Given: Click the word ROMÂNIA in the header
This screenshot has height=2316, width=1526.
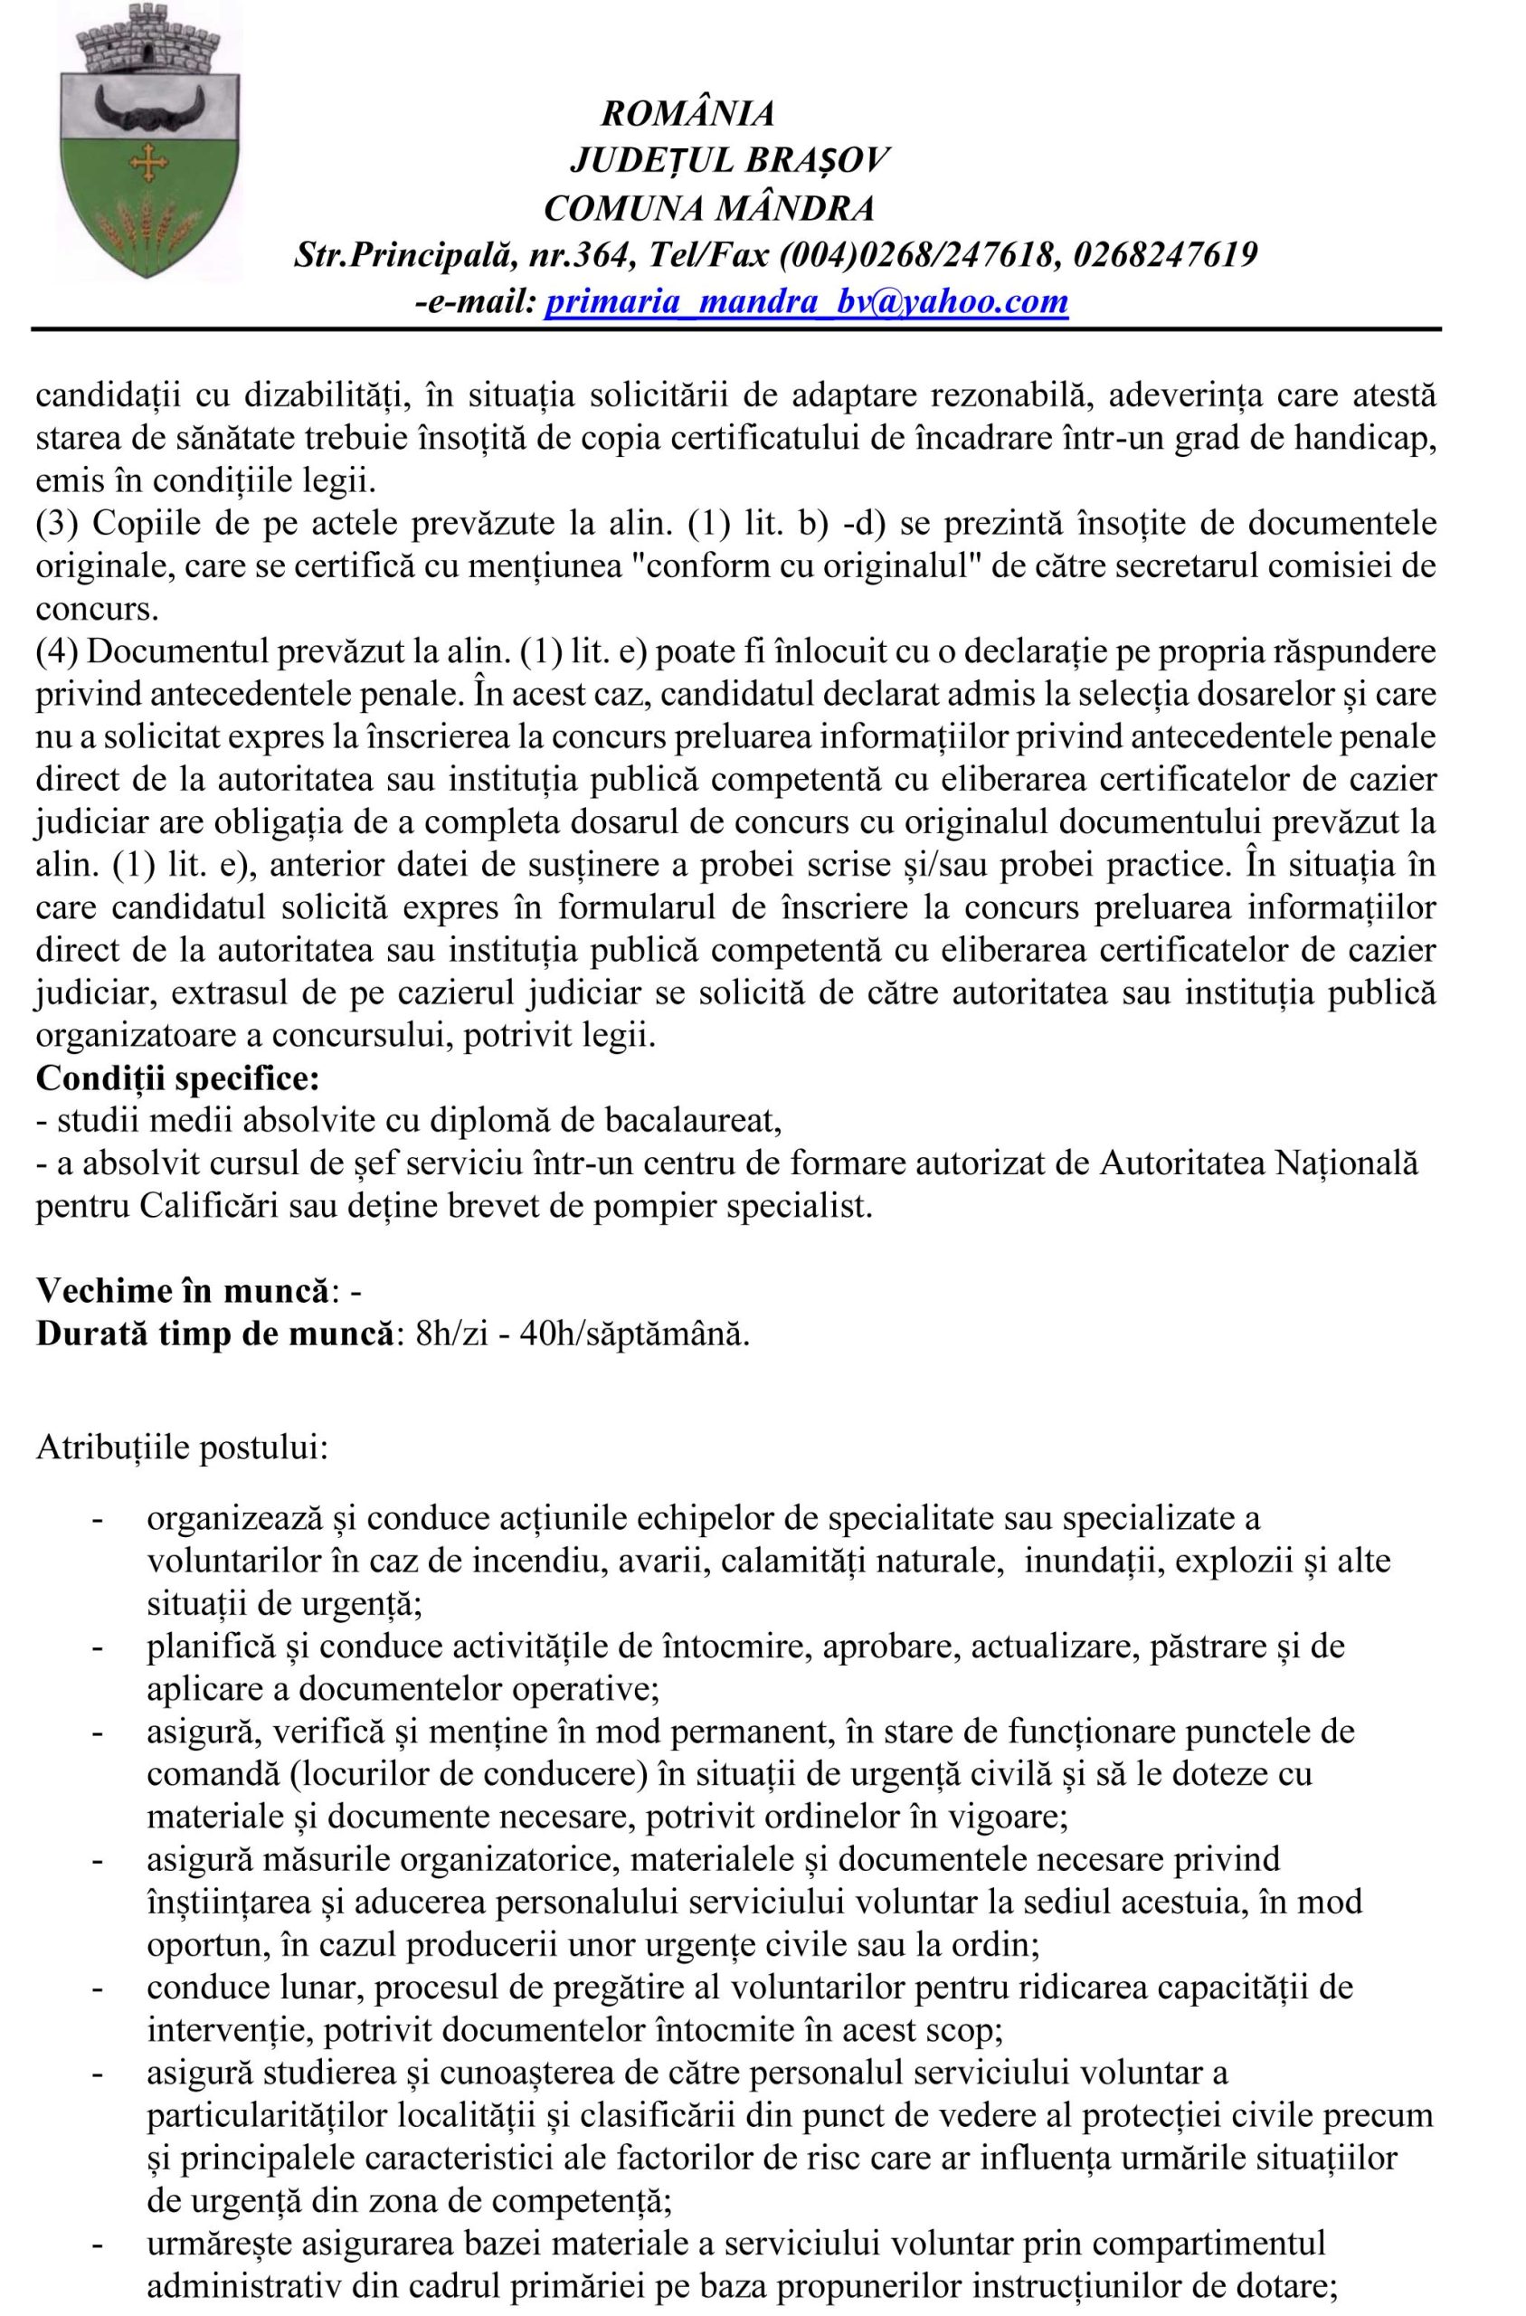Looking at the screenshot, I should coord(688,114).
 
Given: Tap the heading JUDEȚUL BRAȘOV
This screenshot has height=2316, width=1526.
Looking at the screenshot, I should coord(729,160).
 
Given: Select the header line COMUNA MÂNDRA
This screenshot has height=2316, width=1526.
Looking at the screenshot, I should coord(708,208).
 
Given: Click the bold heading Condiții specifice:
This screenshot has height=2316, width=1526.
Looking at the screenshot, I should coord(177,1078).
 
